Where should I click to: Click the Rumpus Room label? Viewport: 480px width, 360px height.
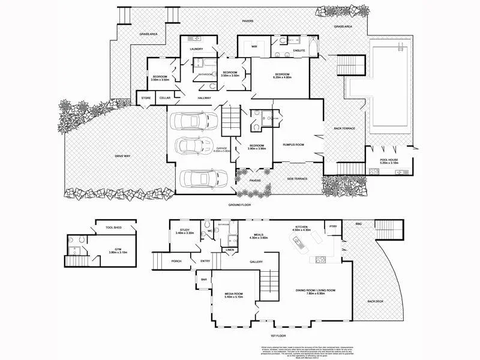coord(294,145)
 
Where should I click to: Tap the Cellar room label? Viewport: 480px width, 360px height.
coord(165,98)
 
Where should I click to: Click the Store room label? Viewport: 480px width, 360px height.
coord(145,98)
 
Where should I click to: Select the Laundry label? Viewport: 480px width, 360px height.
coord(196,49)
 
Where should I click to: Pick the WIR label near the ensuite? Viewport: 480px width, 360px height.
coord(254,46)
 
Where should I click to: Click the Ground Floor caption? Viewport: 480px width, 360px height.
coord(238,205)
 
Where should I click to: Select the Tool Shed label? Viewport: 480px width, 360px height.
coord(113,228)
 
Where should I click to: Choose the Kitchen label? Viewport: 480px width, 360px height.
coord(301,227)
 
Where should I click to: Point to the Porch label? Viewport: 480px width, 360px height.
coord(176,262)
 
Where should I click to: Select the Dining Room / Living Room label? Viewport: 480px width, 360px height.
coord(314,291)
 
